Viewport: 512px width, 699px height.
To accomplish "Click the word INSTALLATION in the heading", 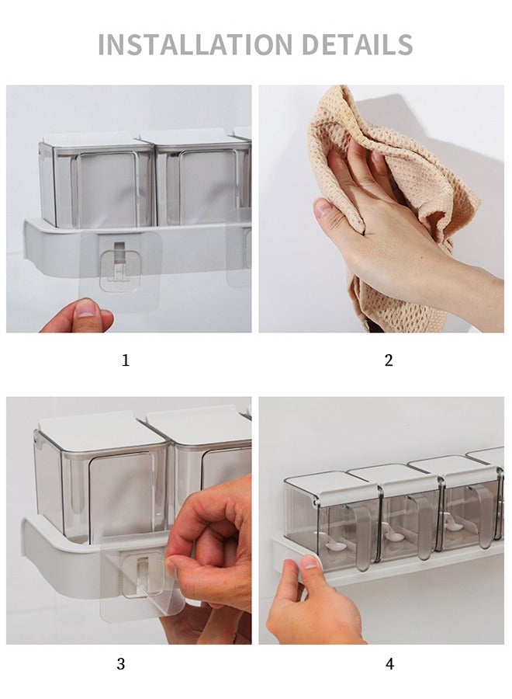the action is [195, 44].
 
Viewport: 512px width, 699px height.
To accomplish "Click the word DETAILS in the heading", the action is [358, 44].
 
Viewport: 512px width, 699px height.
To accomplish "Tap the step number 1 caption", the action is [126, 360].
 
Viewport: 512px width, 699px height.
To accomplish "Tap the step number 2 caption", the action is [389, 360].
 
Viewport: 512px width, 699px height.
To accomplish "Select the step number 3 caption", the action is [121, 664].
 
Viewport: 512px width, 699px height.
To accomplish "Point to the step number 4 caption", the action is [389, 664].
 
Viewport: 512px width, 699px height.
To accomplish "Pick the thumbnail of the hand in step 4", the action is [311, 562].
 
